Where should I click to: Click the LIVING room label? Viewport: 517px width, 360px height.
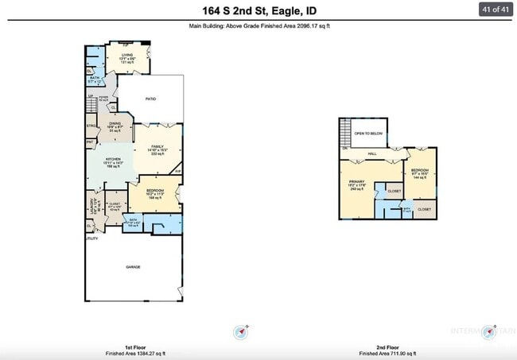coord(126,55)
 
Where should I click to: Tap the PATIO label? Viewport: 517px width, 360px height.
coord(150,99)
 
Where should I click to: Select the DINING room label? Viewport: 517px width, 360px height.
coord(115,124)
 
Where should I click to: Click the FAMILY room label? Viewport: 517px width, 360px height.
coord(157,147)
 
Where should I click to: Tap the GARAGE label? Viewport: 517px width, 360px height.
coord(133,267)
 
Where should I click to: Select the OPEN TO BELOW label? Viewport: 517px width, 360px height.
coord(369,134)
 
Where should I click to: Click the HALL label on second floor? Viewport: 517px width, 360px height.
coord(371,154)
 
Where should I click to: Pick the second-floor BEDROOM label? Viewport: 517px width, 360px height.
coord(419,172)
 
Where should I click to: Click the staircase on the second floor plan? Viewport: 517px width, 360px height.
coord(344,130)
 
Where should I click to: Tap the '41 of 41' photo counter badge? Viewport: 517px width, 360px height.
coord(495,10)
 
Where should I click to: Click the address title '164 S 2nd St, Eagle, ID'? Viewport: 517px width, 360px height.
coord(258,10)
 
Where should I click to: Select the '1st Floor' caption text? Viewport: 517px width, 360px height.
coord(133,346)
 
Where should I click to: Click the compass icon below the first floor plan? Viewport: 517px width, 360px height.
coord(242,331)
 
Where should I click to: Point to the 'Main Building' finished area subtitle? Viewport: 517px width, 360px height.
coord(258,26)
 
